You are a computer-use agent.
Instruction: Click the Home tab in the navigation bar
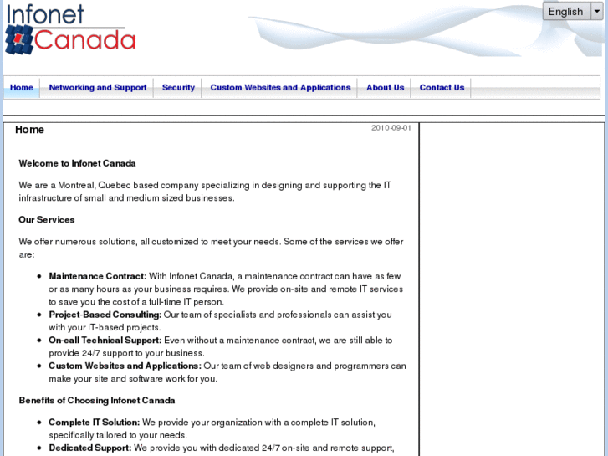[22, 88]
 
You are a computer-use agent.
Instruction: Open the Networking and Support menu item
[98, 88]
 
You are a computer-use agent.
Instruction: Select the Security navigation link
[178, 88]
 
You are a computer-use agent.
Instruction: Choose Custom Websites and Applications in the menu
[280, 88]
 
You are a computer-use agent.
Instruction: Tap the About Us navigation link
[385, 88]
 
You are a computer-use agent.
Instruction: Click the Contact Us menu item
[442, 88]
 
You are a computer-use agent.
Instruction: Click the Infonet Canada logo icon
[18, 39]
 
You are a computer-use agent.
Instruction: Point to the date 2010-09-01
[391, 128]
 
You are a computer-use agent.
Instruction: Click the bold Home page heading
[29, 130]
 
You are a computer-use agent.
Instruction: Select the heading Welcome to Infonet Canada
[77, 163]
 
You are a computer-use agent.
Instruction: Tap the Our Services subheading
[47, 220]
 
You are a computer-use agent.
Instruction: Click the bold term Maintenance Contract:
[97, 276]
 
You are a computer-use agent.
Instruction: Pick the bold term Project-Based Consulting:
[105, 315]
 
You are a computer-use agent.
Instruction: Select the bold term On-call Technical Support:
[105, 341]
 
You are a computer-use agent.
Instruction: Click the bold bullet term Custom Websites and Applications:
[125, 366]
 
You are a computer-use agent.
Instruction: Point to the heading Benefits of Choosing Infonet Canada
[97, 401]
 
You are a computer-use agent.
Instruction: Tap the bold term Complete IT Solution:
[95, 423]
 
